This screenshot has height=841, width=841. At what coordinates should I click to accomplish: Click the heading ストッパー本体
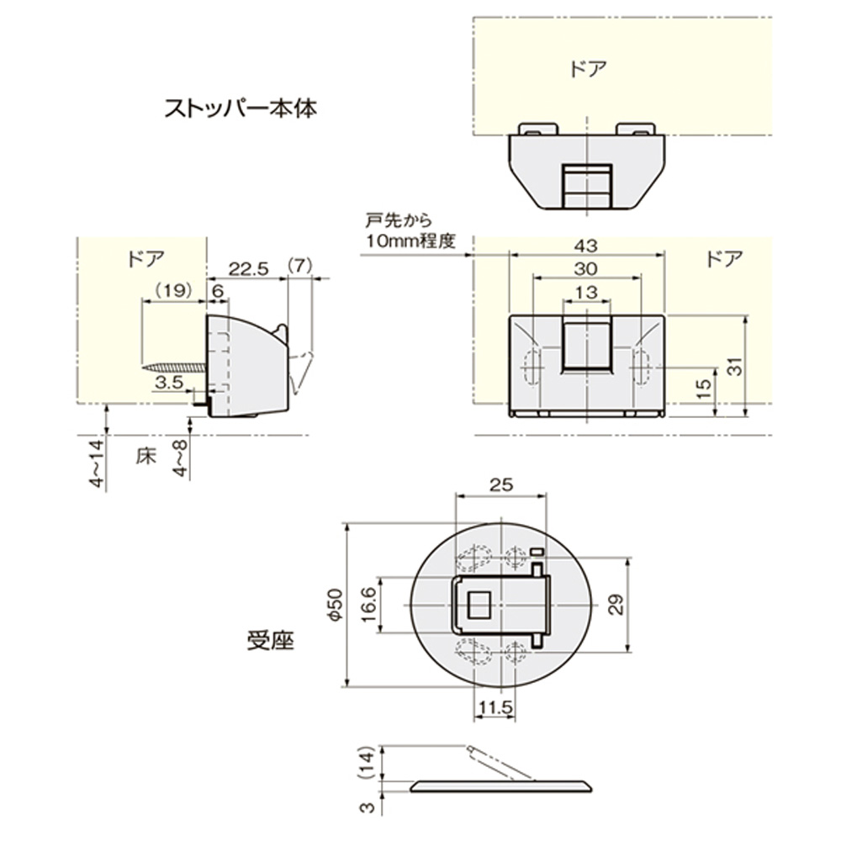pos(241,108)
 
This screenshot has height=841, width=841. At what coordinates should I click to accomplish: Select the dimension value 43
pos(586,246)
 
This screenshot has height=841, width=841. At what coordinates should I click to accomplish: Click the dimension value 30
pos(586,269)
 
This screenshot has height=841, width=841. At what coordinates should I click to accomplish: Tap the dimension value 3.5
pos(171,383)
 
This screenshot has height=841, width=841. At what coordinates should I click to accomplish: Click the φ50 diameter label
pos(334,605)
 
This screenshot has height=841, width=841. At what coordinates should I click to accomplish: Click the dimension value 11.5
pos(495,708)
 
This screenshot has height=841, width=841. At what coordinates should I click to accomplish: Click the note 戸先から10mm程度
pos(410,232)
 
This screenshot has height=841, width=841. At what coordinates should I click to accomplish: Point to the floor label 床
pos(146,458)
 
